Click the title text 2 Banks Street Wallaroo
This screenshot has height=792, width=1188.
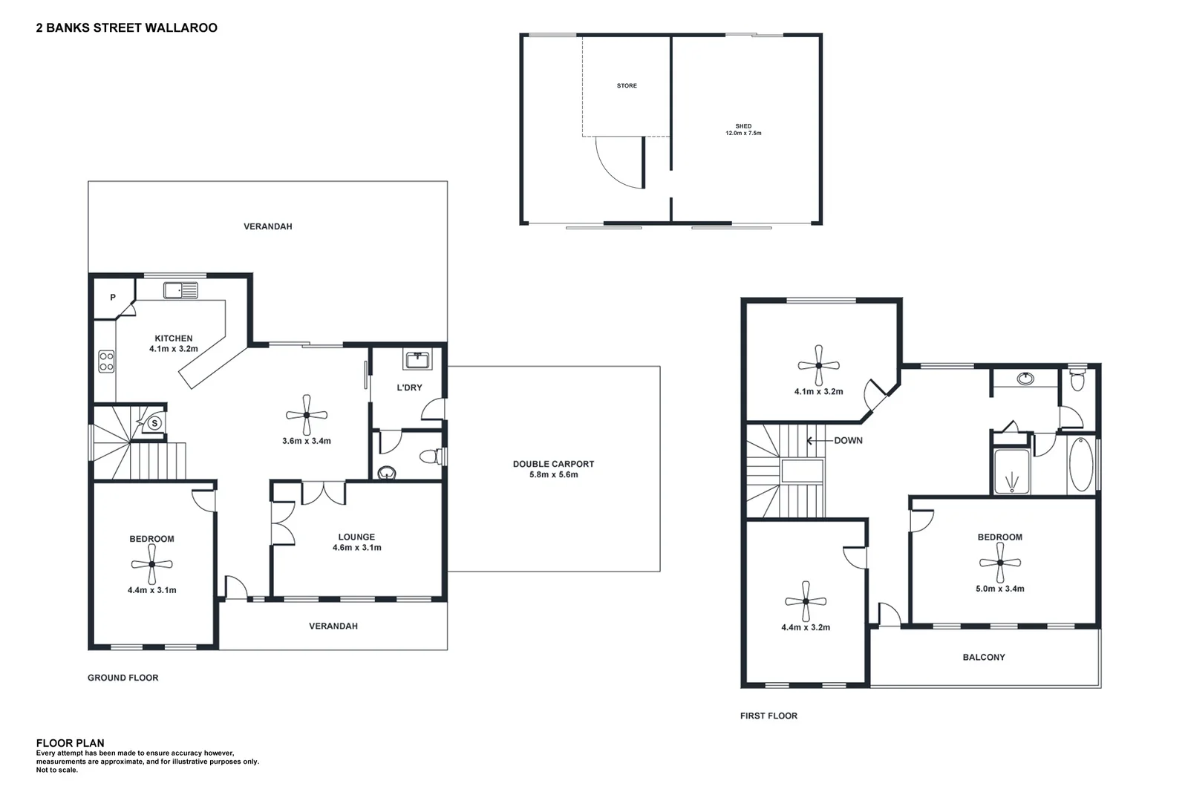126,28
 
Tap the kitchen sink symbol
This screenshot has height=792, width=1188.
181,291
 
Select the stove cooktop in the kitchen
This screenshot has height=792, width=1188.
106,361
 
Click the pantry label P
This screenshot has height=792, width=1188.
113,298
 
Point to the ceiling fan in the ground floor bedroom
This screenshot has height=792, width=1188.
151,564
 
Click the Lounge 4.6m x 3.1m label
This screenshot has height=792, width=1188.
356,543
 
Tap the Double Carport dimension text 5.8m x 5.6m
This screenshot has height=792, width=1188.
553,474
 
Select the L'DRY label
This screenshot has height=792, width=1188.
409,387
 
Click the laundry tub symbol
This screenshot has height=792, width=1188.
417,361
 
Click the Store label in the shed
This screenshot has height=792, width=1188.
627,86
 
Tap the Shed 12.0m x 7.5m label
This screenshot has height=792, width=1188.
743,130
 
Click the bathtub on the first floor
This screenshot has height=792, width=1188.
1080,465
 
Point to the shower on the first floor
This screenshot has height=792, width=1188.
1011,471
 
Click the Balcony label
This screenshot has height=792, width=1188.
983,657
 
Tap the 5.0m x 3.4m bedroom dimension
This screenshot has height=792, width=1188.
999,589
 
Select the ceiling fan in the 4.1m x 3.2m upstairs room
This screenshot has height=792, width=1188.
818,364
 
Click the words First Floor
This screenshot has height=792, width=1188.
768,716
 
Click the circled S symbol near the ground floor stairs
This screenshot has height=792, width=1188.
154,423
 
